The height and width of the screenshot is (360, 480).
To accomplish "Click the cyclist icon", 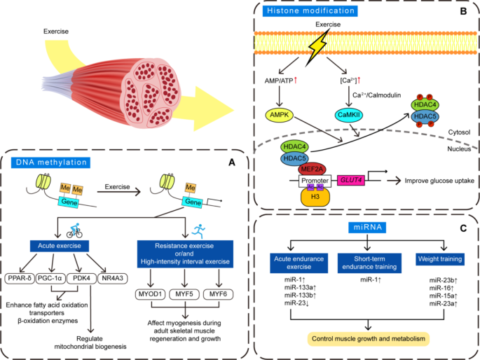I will tap(75, 230).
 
